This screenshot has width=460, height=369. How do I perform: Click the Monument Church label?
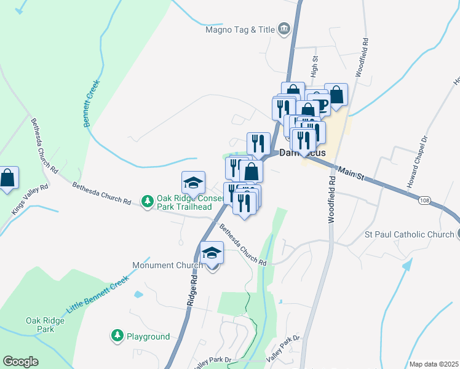coord(167,266)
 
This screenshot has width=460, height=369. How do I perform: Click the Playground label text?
coord(148,336)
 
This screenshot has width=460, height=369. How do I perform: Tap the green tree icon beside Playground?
coord(117,336)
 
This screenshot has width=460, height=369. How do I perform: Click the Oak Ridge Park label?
coord(41,325)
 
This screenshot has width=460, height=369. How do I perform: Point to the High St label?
coord(314,65)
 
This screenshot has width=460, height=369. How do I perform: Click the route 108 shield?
coord(424,200)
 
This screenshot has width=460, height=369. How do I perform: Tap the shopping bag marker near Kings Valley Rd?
coord(8,178)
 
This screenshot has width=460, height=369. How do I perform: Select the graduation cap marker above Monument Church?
coord(212,252)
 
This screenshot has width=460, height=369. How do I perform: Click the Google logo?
coord(20,362)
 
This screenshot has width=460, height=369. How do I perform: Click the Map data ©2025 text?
coord(434,364)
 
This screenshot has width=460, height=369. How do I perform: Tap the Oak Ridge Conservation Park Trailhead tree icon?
coord(147,201)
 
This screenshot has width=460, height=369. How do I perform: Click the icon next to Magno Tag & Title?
coord(284,28)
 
